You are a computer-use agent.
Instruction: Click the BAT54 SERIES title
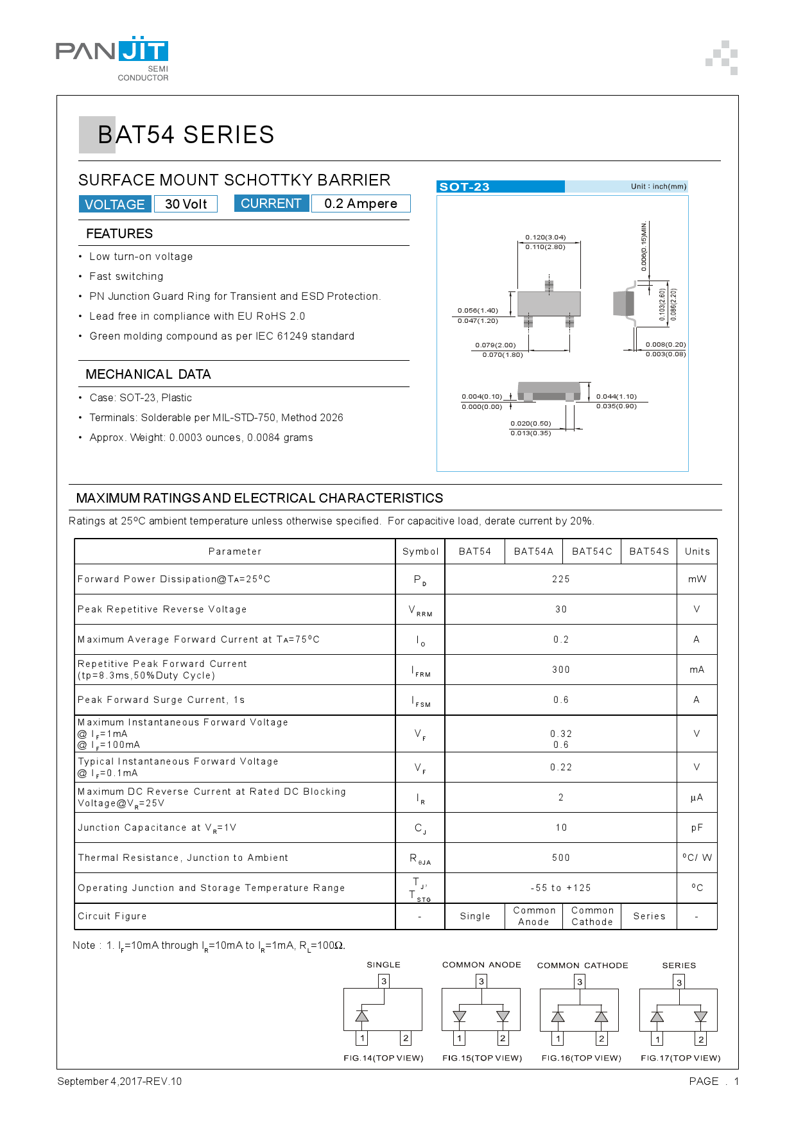(x=186, y=135)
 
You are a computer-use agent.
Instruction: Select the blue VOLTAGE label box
(x=115, y=204)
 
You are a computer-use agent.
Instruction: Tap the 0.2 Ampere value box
(x=360, y=204)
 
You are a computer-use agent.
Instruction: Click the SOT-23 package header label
(x=465, y=187)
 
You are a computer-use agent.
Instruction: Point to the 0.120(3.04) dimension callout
(x=546, y=237)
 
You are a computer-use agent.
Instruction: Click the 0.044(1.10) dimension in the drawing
(x=616, y=396)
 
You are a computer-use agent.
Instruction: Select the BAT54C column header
(x=592, y=551)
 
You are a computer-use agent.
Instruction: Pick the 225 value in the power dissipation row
(x=560, y=579)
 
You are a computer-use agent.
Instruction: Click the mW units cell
(x=696, y=579)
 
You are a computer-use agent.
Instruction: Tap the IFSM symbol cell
(x=420, y=700)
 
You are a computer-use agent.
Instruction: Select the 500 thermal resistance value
(x=560, y=858)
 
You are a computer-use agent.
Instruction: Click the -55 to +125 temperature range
(x=560, y=888)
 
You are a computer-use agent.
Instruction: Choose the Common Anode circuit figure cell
(x=533, y=916)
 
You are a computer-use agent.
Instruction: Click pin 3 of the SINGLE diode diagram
(x=384, y=981)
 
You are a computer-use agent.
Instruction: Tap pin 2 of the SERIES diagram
(x=701, y=1039)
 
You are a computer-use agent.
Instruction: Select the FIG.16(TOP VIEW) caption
(x=581, y=1058)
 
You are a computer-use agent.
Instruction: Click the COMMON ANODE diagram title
(x=481, y=965)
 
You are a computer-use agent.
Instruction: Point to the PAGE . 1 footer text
(x=713, y=1081)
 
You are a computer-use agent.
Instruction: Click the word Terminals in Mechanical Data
(x=113, y=418)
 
